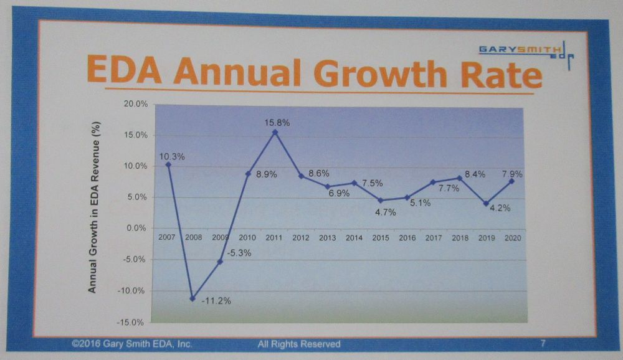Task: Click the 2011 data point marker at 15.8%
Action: (275, 132)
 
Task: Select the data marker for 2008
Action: (193, 298)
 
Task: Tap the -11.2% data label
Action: (216, 301)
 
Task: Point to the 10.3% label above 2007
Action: (173, 157)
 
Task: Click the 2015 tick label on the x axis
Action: (380, 238)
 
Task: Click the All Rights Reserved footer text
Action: (299, 344)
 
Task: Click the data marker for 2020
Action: (512, 181)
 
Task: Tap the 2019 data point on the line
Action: (486, 203)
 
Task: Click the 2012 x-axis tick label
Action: (301, 238)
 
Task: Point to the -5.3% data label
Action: (237, 253)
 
